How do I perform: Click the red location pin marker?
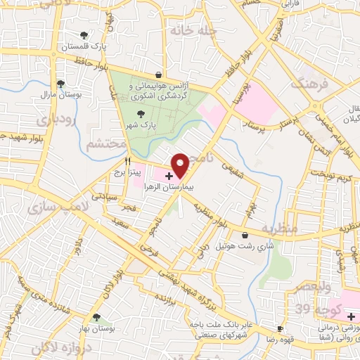(181, 165)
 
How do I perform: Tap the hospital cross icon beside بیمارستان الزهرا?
(169, 175)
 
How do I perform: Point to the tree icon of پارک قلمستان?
(85, 34)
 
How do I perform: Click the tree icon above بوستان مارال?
(60, 82)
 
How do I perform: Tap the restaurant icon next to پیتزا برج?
(127, 161)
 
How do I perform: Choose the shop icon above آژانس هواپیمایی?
(159, 74)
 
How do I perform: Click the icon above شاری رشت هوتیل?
(245, 235)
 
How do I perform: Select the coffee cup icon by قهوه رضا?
(281, 328)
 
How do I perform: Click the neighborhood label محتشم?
(106, 144)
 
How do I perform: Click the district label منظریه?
(280, 229)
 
